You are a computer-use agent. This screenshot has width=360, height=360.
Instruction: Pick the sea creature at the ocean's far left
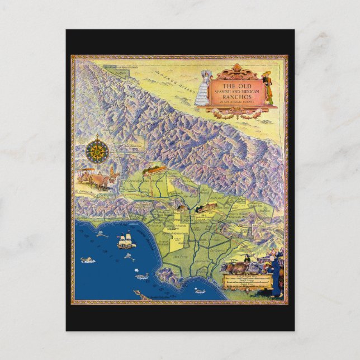pyautogui.click(x=87, y=260)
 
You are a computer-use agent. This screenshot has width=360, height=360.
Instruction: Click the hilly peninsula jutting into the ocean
pyautogui.click(x=168, y=275)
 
